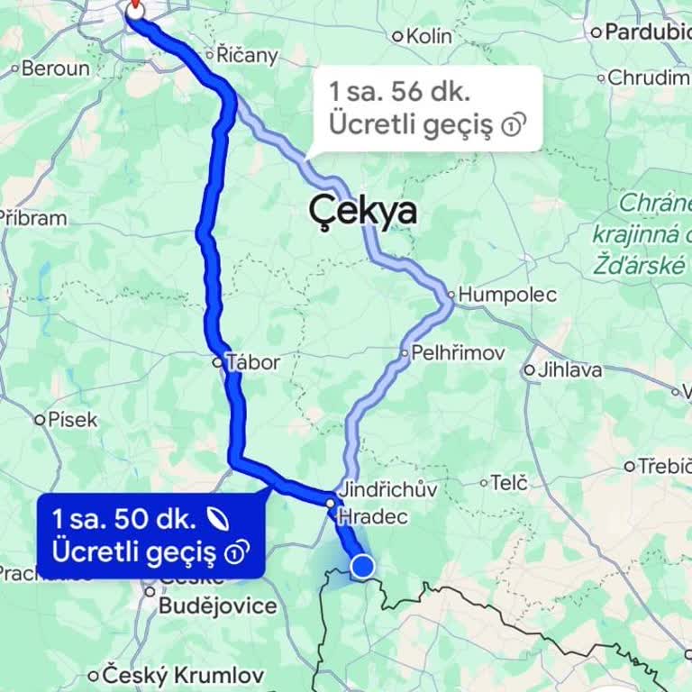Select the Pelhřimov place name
(457, 353)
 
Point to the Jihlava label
(569, 369)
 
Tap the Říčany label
(248, 54)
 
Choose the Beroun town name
(55, 68)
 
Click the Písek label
(72, 419)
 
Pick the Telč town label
(508, 483)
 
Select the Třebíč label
(665, 466)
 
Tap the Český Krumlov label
(183, 675)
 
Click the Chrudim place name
(648, 77)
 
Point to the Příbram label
(33, 218)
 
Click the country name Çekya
(363, 211)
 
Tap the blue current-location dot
(362, 567)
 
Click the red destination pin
(135, 8)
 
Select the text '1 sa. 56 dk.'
(399, 92)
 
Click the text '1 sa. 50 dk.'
(123, 519)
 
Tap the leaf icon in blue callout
(216, 518)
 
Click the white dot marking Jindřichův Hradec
(331, 503)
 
